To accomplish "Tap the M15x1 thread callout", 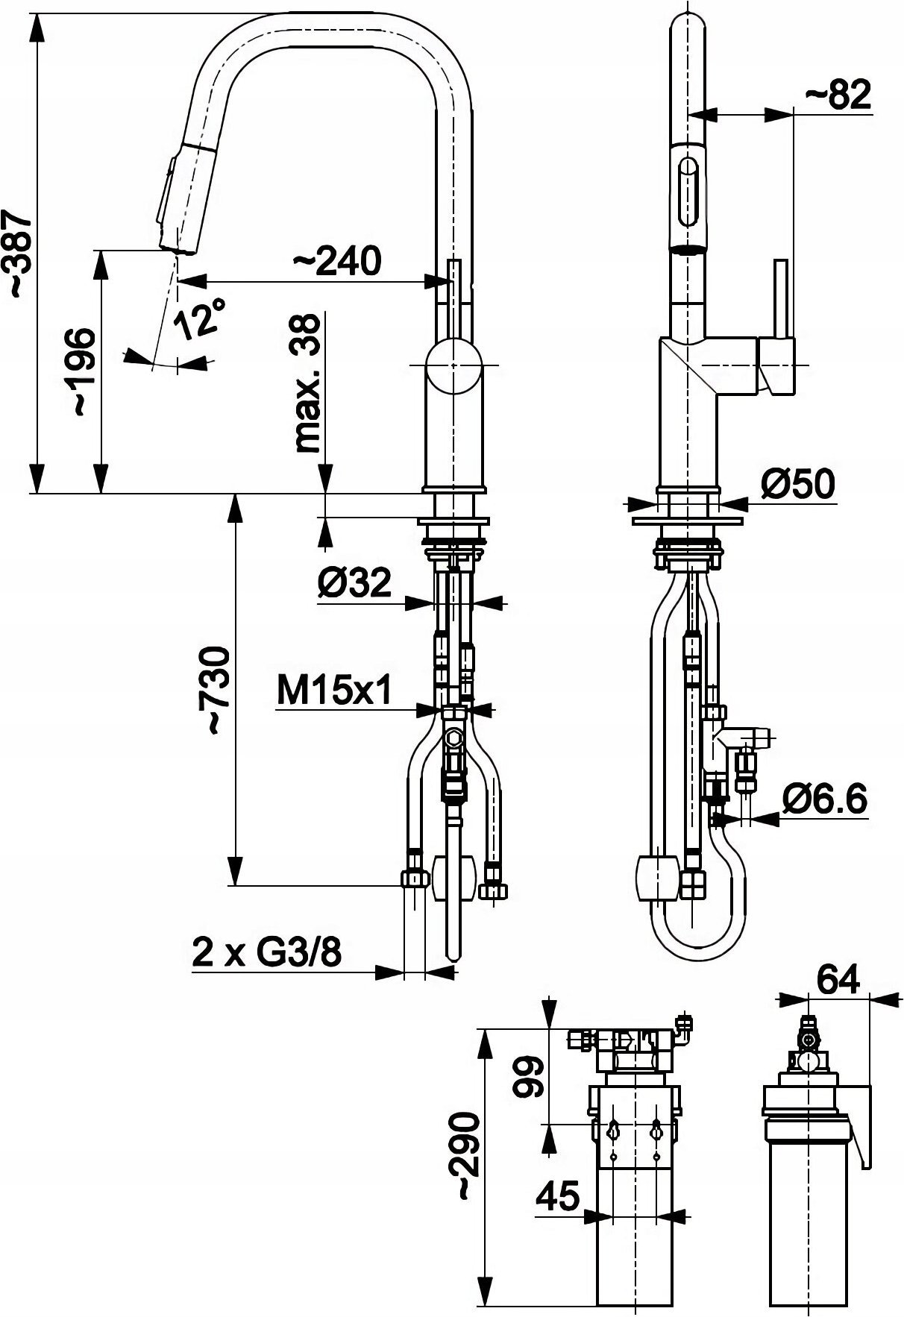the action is pyautogui.click(x=334, y=692).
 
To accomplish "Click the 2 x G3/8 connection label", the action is pyautogui.click(x=266, y=952).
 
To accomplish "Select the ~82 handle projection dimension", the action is pyautogui.click(x=838, y=95).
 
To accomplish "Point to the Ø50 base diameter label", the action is pyautogui.click(x=797, y=485).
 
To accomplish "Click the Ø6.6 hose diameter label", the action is pyautogui.click(x=825, y=800).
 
